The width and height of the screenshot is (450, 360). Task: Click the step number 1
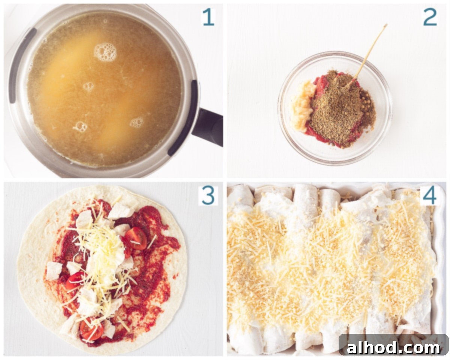[x=208, y=18]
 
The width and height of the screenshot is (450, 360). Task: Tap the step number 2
[x=430, y=18]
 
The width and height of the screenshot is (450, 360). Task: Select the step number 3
[x=208, y=196]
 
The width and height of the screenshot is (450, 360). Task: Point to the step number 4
[x=430, y=196]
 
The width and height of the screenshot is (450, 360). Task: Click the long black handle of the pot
[x=208, y=127]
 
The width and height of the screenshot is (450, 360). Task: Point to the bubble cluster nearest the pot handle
[x=136, y=122]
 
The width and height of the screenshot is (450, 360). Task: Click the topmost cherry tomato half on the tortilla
[x=136, y=238]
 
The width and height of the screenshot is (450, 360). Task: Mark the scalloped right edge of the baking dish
[x=442, y=261]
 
